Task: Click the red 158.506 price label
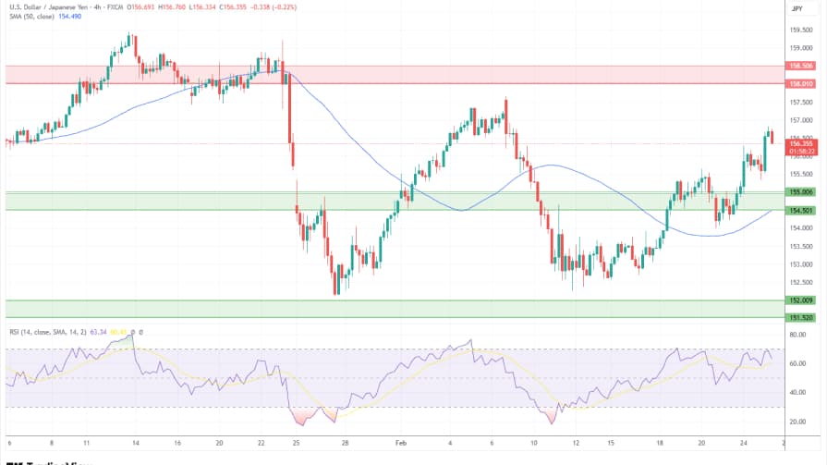(799, 66)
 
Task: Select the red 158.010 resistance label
(799, 84)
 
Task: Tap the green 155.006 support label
(799, 191)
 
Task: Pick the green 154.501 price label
(799, 210)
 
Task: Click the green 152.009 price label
(799, 300)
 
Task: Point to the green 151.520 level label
(799, 317)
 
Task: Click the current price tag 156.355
(799, 144)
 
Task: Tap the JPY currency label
(797, 8)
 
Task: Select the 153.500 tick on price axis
(799, 245)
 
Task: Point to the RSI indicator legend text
(46, 331)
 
